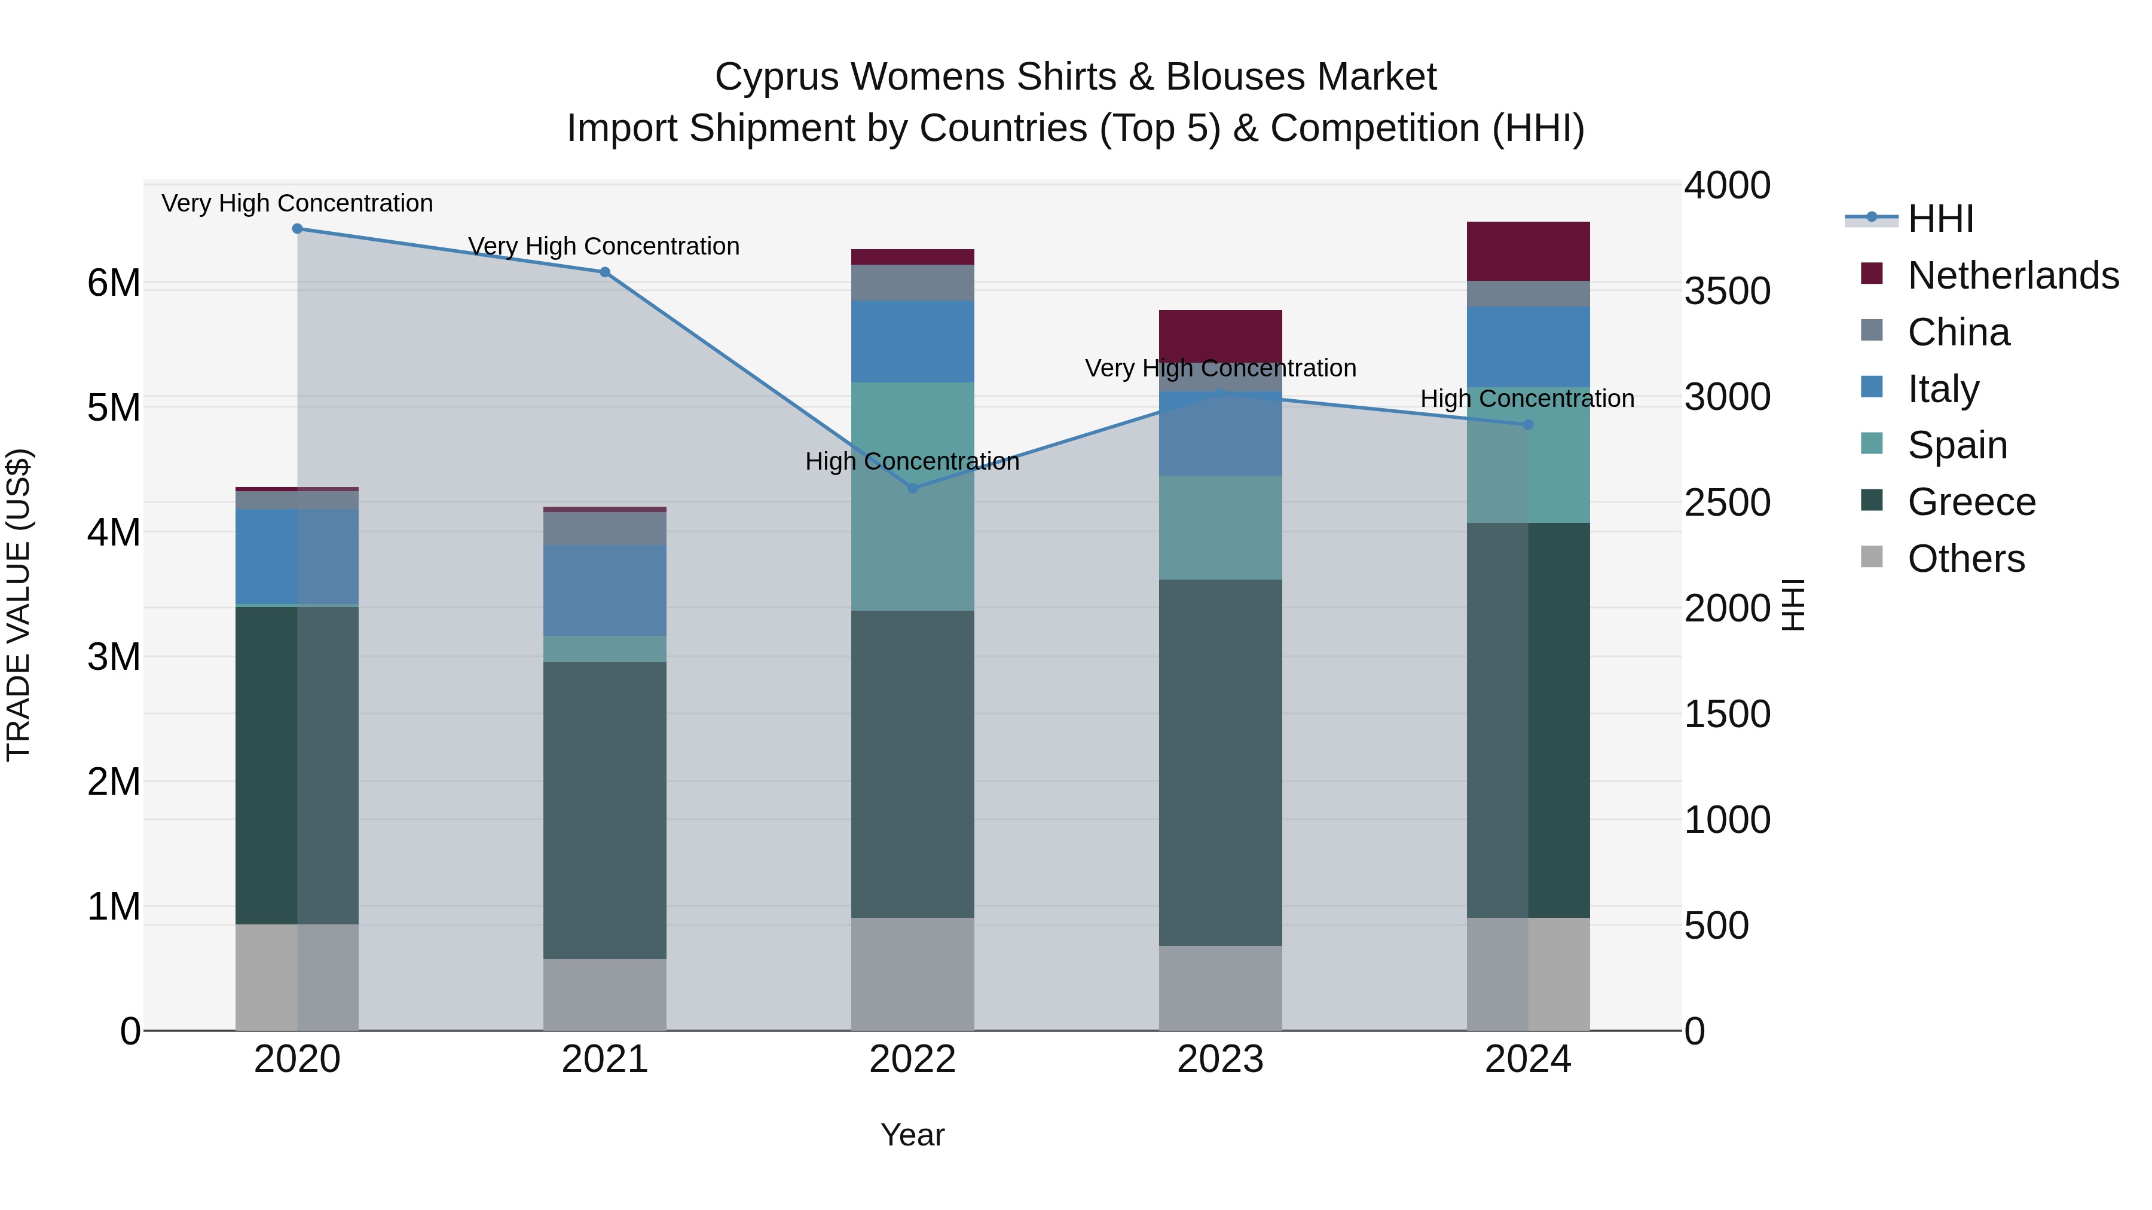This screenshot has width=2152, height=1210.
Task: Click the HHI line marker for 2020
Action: point(298,229)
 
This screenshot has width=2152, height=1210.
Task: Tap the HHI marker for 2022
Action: point(912,489)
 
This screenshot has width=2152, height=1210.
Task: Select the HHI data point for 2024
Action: point(1528,425)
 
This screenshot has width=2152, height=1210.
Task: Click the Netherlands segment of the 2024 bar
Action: point(1528,252)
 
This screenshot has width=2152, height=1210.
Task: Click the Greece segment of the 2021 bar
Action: point(605,810)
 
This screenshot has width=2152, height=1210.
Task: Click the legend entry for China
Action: point(1957,332)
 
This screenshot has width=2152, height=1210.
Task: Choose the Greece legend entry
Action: point(1971,502)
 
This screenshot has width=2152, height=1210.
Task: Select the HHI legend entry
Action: point(1940,219)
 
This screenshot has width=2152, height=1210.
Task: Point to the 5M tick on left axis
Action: point(114,408)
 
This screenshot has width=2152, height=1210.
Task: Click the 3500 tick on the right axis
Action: point(1726,292)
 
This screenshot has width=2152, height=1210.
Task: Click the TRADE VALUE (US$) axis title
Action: point(19,605)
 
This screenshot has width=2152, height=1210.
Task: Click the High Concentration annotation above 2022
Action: point(912,462)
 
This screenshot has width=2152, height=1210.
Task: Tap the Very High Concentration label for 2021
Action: point(603,246)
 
